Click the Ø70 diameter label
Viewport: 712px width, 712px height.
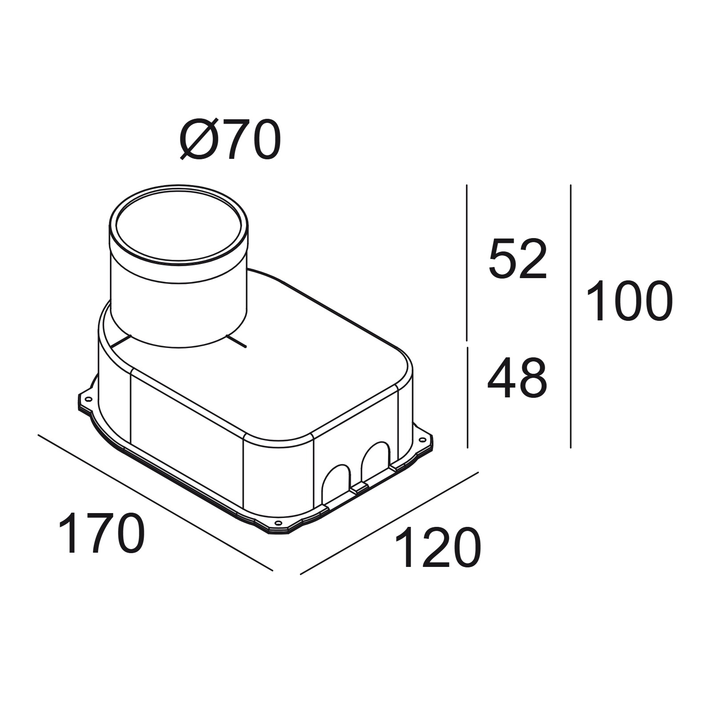click(x=230, y=140)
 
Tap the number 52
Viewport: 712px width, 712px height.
click(x=517, y=259)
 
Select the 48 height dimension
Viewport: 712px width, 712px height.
click(x=517, y=378)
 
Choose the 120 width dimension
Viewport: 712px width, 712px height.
click(x=437, y=548)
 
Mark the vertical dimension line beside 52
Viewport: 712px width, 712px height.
click(x=466, y=263)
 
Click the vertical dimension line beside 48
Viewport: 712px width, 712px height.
click(x=467, y=397)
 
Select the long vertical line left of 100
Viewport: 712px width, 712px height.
click(x=570, y=316)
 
